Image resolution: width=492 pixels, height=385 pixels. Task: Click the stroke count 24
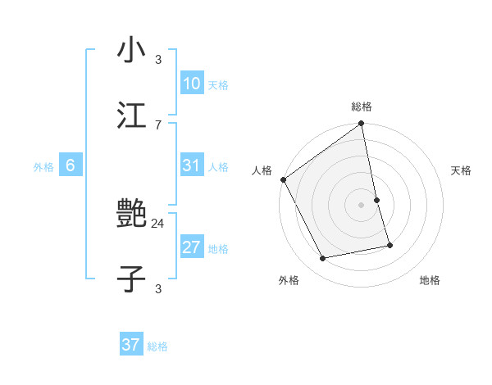158,223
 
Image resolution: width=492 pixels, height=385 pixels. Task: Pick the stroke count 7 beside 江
158,125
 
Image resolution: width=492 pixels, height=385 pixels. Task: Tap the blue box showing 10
192,84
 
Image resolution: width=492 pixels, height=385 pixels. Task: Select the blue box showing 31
192,165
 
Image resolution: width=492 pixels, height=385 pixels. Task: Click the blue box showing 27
192,247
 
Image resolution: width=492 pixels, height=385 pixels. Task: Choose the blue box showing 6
71,165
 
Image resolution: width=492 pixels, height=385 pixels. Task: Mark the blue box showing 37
131,345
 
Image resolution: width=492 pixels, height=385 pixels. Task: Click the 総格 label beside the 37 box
157,346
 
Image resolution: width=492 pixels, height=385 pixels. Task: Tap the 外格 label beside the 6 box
43,167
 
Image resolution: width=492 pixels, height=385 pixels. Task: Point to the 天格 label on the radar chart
461,170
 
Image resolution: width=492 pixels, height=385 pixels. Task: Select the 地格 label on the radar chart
430,280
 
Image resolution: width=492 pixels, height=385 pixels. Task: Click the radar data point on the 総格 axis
362,125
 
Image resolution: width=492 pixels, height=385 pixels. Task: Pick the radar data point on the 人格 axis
283,179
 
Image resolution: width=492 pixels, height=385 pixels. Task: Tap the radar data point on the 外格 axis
323,259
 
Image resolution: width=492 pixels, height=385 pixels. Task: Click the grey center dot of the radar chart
362,205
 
